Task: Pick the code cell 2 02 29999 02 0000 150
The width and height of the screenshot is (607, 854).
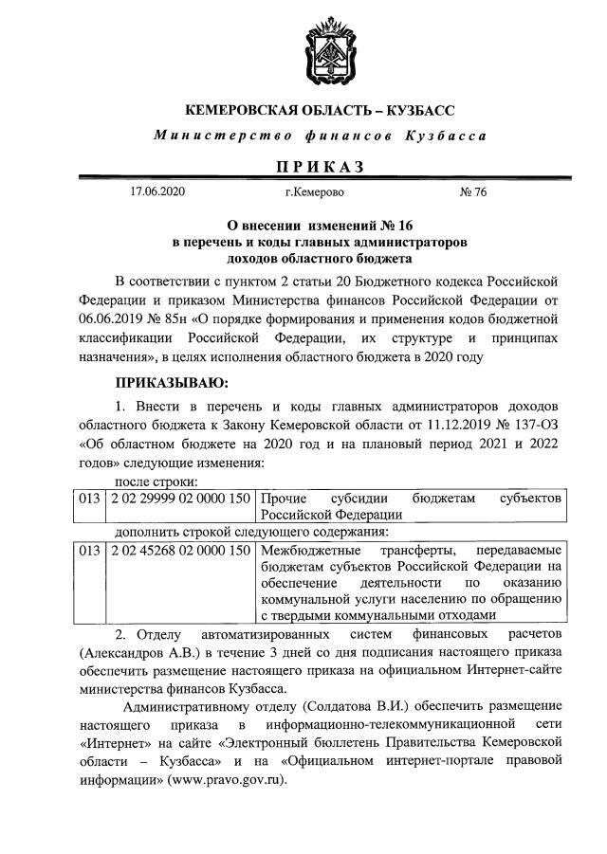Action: (x=181, y=498)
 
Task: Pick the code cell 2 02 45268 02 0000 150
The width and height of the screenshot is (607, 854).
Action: (x=181, y=550)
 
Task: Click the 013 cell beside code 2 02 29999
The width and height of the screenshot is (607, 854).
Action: (x=89, y=498)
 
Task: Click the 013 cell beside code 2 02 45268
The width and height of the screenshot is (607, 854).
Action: (x=89, y=550)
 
